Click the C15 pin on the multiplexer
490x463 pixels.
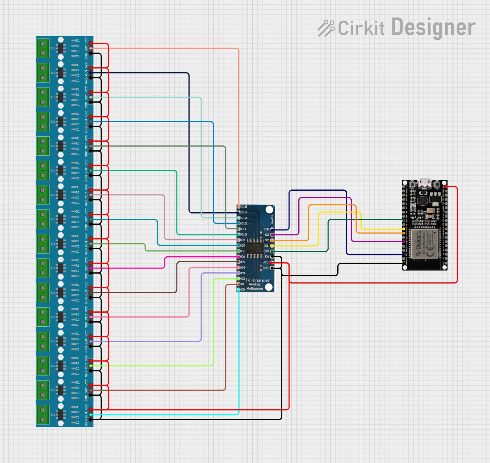coord(239,207)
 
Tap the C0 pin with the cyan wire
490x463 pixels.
coord(239,289)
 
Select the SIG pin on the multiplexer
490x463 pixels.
coord(272,229)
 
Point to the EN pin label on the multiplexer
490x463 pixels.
coord(267,257)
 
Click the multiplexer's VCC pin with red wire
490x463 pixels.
coord(272,263)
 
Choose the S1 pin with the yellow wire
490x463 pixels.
coord(272,246)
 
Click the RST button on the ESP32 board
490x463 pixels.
coord(412,185)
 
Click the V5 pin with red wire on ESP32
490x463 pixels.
coord(446,187)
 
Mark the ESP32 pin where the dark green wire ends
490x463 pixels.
coord(404,220)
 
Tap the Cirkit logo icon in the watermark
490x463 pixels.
coord(326,28)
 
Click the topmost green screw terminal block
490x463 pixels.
coord(43,48)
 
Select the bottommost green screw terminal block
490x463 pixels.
coord(43,415)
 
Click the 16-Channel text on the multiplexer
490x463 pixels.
coord(257,280)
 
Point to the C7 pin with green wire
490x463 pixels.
coord(239,251)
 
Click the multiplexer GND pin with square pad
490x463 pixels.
coord(272,268)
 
